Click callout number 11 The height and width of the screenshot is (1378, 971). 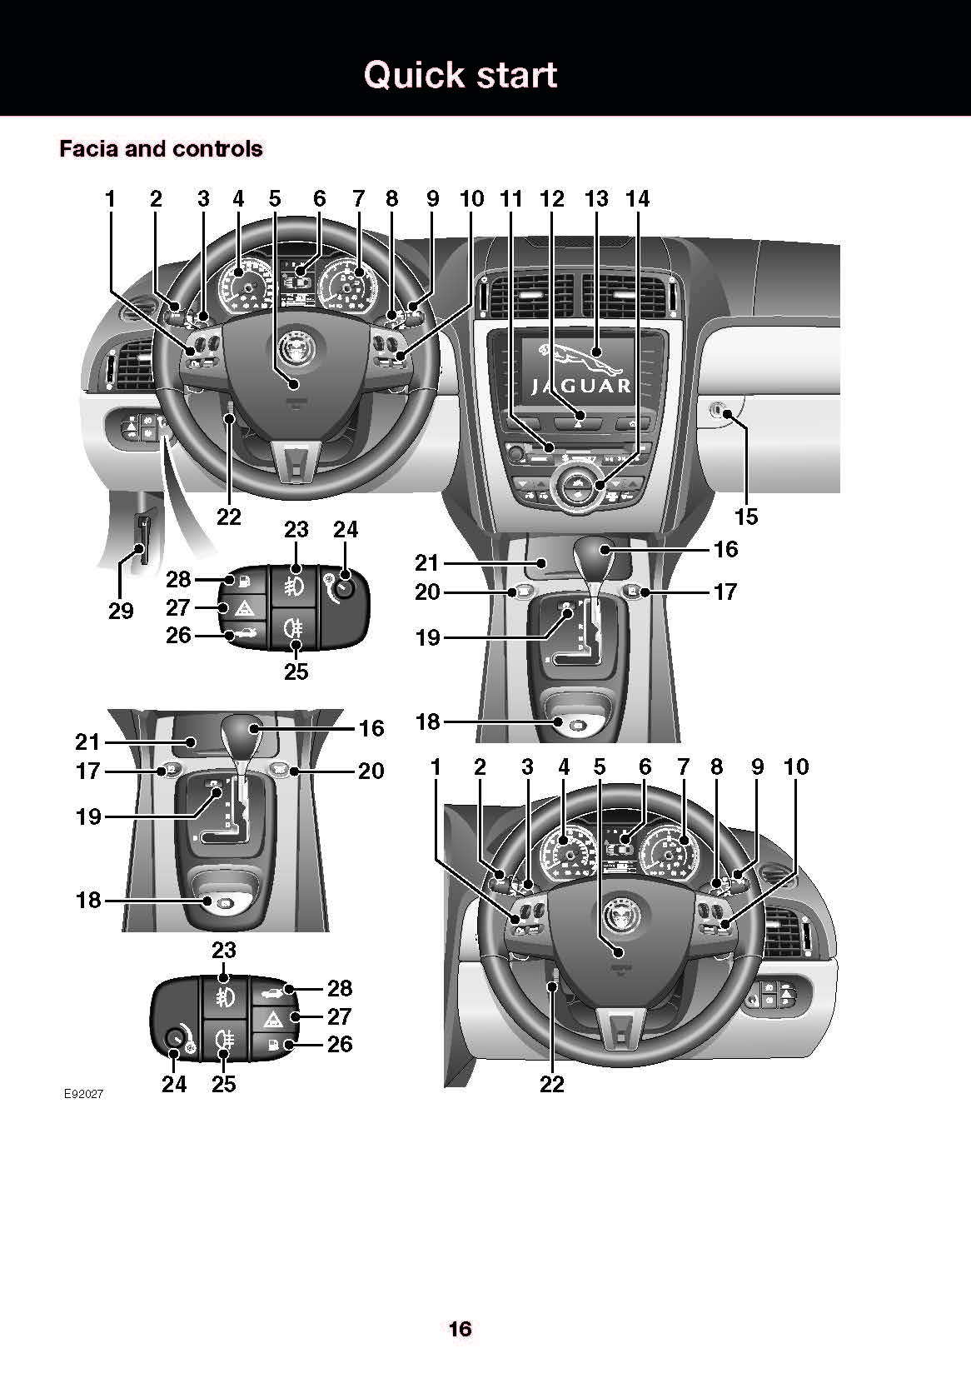pos(511,199)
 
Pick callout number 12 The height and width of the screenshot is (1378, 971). pos(552,199)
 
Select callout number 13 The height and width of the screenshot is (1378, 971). pos(597,199)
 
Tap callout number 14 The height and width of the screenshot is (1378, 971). pos(637,199)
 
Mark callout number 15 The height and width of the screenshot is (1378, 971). pos(746,517)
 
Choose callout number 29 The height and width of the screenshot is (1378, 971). pos(121,612)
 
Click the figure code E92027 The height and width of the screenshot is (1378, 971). pos(83,1094)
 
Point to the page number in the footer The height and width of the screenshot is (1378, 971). pos(461,1329)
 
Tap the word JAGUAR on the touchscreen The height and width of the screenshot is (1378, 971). pos(581,387)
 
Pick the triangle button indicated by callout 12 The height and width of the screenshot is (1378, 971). pos(578,414)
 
